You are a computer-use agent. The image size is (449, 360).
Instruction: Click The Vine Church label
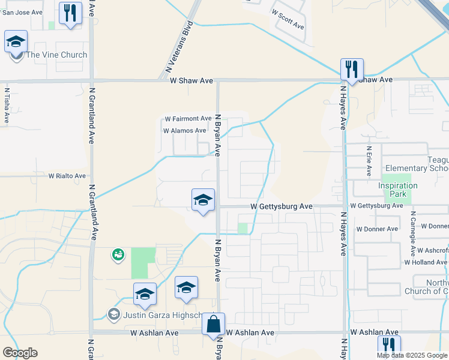[56, 55]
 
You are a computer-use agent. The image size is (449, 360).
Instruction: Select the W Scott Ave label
[288, 20]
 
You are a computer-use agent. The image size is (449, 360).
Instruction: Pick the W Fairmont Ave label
[188, 119]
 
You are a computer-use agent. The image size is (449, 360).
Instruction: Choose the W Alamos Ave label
[185, 130]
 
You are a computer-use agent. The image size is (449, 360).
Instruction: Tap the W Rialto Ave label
[67, 176]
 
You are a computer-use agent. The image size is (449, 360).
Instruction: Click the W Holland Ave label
[426, 262]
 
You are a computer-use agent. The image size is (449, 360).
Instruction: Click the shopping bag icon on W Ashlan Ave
[213, 324]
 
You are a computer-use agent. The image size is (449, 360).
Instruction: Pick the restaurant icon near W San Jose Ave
[70, 13]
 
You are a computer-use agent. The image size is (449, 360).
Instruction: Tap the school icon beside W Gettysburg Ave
[203, 200]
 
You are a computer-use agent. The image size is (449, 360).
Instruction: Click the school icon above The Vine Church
[16, 41]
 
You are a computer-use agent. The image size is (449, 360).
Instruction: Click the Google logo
[20, 353]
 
